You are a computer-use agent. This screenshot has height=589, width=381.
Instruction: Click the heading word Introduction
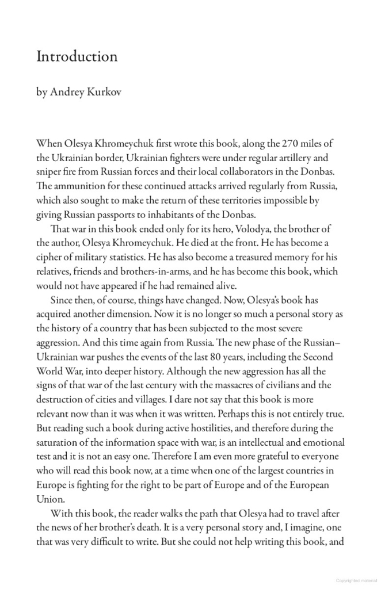pyautogui.click(x=77, y=57)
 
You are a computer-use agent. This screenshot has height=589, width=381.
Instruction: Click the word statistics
pyautogui.click(x=140, y=257)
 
